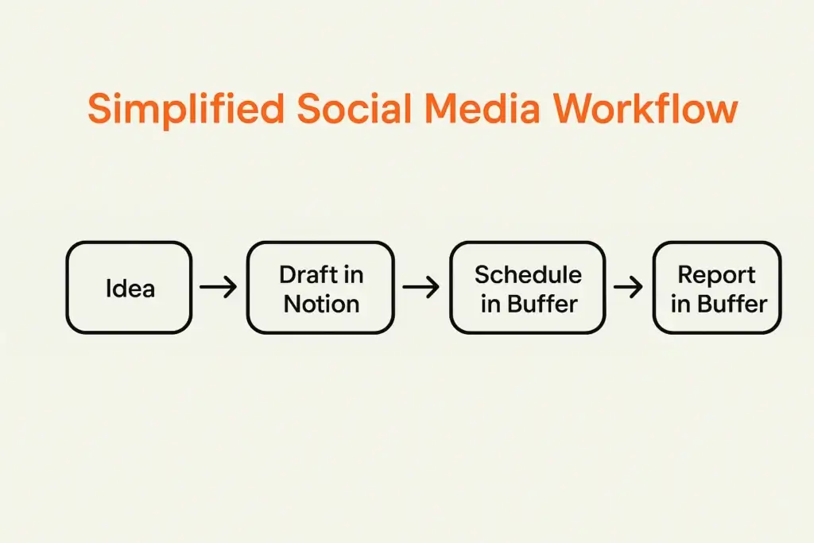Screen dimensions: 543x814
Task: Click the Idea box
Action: coord(129,287)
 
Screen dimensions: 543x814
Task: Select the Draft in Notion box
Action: coord(320,287)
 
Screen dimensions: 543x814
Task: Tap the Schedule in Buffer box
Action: coord(528,287)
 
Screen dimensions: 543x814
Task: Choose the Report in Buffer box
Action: coord(717,287)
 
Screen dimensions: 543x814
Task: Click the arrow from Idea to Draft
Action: coord(219,287)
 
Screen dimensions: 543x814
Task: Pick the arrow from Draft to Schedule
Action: coord(421,287)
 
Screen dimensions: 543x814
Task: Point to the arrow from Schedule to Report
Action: coord(628,287)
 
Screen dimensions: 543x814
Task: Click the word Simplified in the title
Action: coord(185,109)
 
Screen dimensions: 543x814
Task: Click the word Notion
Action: coord(321,304)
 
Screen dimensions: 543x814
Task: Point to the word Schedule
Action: coord(528,275)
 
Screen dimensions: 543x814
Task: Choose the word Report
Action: coord(716,275)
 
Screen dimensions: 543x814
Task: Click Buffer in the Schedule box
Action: coord(541,304)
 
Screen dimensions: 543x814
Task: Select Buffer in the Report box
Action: coord(730,304)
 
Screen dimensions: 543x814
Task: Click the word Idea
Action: coord(130,288)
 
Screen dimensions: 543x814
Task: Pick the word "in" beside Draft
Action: coord(354,275)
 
